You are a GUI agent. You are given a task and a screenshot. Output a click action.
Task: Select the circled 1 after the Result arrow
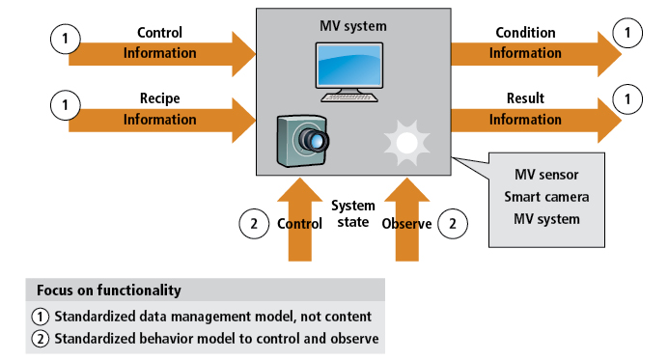coord(628,100)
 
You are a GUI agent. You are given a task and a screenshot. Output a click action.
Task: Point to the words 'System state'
coord(353,214)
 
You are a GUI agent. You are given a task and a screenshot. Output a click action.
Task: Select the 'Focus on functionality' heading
coord(108,290)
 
